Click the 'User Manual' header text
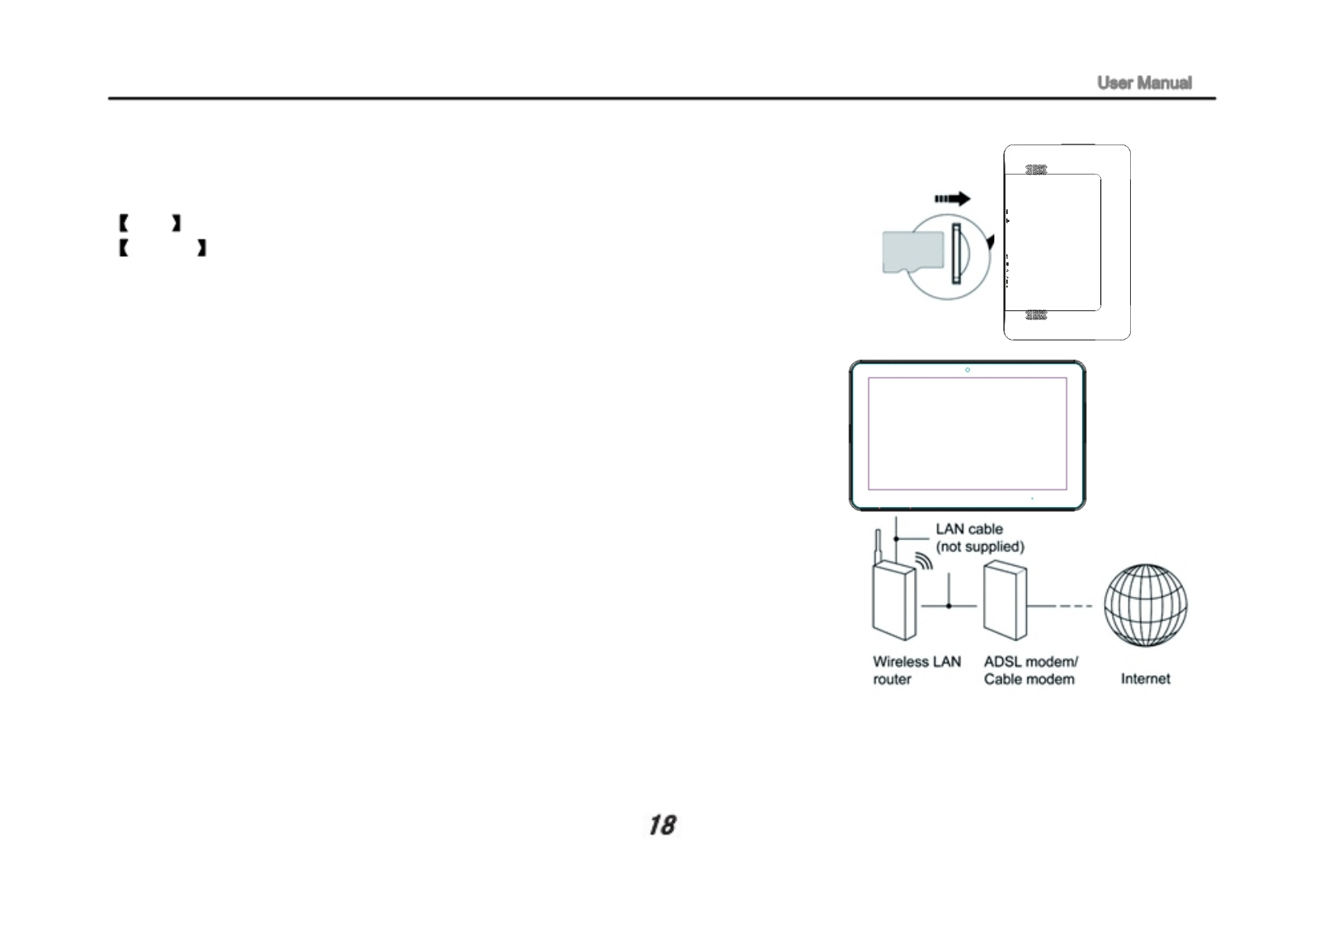coord(1143,83)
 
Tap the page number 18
coord(662,825)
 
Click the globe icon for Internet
coord(1145,605)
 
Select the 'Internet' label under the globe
coord(1145,678)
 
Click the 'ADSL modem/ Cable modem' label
coord(1030,670)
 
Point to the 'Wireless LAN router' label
coord(916,670)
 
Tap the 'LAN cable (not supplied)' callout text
coord(979,538)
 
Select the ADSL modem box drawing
coord(1005,601)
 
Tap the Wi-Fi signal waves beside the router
coord(924,562)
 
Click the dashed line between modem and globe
coord(1074,606)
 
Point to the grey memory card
coord(912,252)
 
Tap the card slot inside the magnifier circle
coord(957,254)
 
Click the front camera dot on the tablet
coord(968,370)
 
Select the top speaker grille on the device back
coord(1035,170)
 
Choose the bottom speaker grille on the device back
coord(1035,315)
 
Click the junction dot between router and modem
coord(949,606)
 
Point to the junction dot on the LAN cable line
coord(896,539)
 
